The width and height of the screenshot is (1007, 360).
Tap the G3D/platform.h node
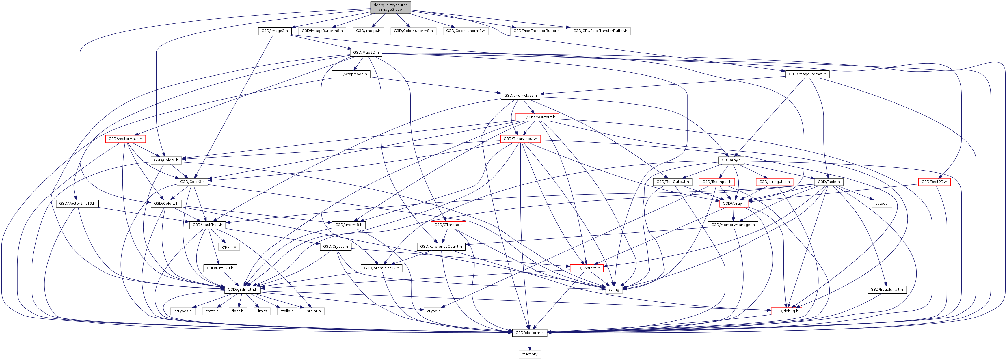529,333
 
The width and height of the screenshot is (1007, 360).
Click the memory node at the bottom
529,354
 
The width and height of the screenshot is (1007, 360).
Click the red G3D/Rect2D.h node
934,182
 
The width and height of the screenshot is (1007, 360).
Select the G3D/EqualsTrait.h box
887,290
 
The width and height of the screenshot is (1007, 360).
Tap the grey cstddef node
882,203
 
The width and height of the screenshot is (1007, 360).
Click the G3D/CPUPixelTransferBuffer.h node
600,31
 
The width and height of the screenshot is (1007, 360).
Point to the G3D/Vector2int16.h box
77,203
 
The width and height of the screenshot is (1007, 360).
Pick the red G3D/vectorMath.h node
125,139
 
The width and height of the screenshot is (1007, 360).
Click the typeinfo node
229,247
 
